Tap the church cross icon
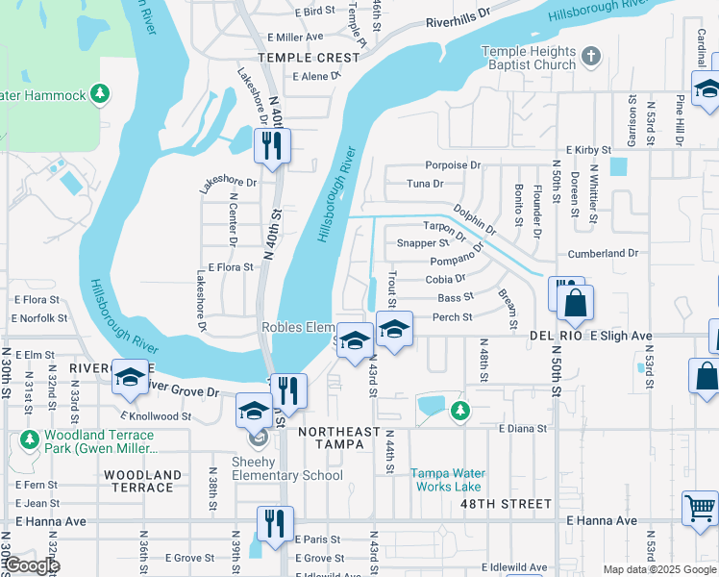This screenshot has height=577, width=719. [590, 58]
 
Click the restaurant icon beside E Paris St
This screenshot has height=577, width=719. [275, 524]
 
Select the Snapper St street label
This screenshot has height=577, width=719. [423, 243]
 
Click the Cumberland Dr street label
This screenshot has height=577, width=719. [603, 254]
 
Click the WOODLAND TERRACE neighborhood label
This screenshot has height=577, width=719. [142, 481]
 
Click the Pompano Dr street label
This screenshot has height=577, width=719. [457, 261]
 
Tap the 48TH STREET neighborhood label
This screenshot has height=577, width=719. [506, 504]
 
